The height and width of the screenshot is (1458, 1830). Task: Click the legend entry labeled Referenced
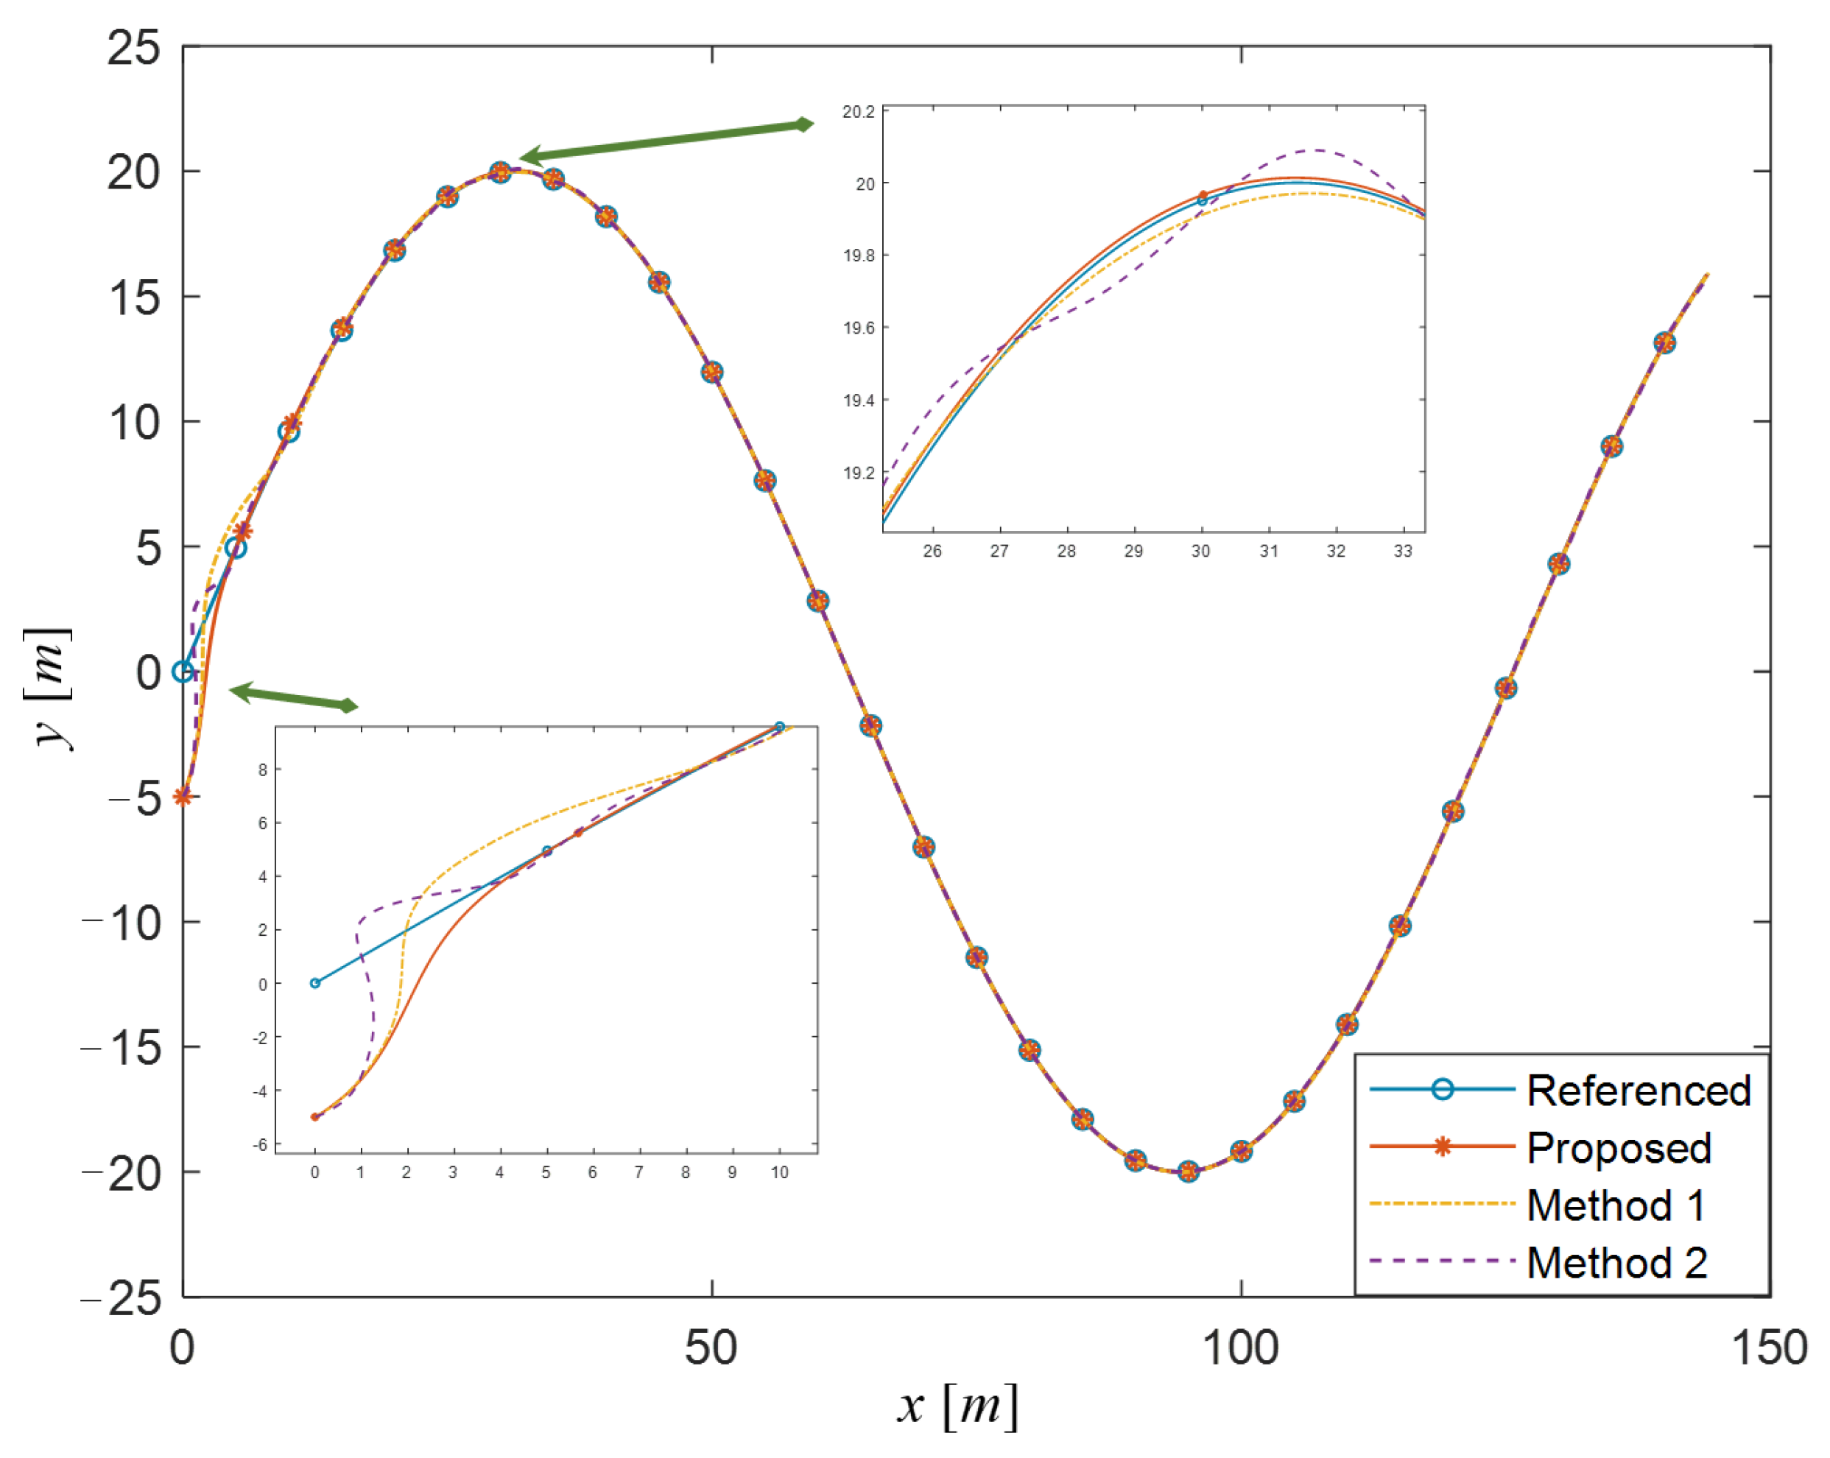[1639, 1091]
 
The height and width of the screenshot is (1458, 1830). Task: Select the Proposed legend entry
[1619, 1147]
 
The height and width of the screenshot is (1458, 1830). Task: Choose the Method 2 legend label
[1617, 1263]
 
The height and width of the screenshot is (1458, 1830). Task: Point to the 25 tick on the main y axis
[133, 48]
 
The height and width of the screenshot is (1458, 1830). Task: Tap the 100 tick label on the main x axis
[1240, 1348]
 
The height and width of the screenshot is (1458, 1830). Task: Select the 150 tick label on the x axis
[1769, 1348]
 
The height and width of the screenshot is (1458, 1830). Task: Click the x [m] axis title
[957, 1406]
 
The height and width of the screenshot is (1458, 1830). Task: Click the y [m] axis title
[49, 688]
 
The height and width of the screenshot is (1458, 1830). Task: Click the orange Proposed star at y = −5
[183, 796]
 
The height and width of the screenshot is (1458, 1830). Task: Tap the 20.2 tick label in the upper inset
[857, 111]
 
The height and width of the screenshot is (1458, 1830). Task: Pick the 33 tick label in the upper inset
[1402, 551]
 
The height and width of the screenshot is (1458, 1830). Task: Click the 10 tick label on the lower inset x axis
[779, 1172]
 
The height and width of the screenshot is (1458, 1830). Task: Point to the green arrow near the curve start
[293, 697]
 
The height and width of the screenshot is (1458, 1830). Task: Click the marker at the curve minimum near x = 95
[1189, 1172]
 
